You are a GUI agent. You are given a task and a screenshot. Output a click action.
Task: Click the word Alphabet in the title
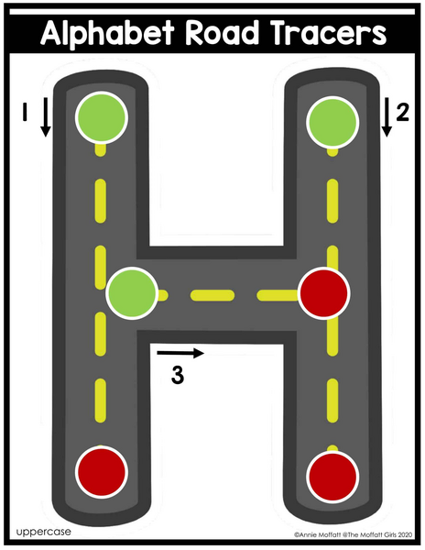tap(107, 33)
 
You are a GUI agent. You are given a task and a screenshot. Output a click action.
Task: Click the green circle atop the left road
tap(102, 117)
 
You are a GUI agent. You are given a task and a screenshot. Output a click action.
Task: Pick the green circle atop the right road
tap(332, 122)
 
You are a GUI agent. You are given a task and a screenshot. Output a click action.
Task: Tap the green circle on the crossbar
tap(132, 293)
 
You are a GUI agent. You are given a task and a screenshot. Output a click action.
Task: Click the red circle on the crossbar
tap(323, 293)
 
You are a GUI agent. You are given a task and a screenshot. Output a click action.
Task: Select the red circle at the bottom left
tap(102, 472)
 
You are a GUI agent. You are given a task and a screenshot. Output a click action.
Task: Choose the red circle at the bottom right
tap(332, 477)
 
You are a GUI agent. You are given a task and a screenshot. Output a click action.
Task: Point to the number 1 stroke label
tap(25, 112)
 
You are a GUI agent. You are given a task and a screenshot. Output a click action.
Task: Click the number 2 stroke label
tap(403, 113)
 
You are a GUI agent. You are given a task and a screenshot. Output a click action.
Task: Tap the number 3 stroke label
tap(178, 375)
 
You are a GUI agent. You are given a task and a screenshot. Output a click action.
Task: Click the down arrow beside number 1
tap(45, 117)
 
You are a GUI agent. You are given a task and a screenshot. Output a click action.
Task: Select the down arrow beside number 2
tap(387, 117)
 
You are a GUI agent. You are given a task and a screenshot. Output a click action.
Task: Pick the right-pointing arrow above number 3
tap(180, 353)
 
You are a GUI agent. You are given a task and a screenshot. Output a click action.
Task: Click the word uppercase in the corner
tap(43, 532)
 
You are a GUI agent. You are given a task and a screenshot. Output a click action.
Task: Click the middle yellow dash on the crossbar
tap(212, 295)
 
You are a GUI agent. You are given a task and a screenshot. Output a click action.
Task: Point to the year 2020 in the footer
tap(406, 534)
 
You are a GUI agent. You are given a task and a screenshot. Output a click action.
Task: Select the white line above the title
tap(212, 12)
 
